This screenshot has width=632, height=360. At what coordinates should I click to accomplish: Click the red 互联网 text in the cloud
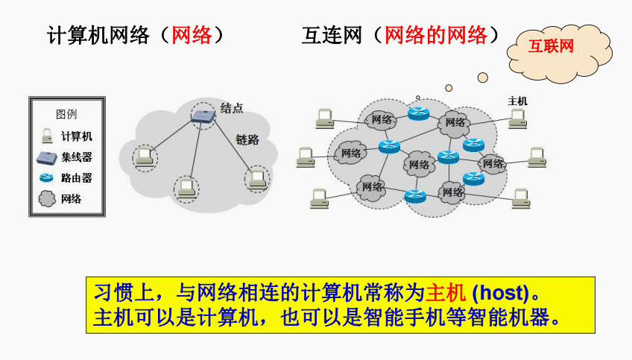point(551,46)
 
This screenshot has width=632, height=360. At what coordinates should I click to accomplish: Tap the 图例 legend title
point(66,115)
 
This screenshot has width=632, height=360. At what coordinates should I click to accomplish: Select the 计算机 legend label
point(77,136)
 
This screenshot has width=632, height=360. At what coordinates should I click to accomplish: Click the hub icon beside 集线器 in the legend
point(47,157)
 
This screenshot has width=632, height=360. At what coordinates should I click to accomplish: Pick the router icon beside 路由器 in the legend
point(46,177)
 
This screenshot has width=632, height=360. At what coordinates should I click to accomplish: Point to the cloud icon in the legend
point(47,199)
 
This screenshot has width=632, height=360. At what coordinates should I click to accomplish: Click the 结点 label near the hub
point(232,107)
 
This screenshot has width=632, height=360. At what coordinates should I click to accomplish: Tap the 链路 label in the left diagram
point(247,140)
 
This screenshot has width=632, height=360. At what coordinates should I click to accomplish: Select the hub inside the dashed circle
point(203,116)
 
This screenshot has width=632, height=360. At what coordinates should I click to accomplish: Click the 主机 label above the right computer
point(517,101)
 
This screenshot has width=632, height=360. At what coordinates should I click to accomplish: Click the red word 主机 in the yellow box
point(446,293)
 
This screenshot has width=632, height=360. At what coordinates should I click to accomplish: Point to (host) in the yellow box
point(500,293)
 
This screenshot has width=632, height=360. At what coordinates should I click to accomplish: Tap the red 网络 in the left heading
point(192,35)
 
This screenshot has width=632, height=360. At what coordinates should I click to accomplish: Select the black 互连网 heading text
point(332,35)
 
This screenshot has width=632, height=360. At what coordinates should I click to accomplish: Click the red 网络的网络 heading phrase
point(436,35)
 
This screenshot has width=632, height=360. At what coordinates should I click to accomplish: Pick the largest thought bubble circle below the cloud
point(482,78)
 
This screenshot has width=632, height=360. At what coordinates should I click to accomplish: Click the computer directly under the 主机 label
point(517,119)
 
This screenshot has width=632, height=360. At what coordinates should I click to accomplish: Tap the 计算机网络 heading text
point(98,35)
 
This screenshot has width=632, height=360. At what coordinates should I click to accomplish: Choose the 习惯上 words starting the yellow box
point(124,293)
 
